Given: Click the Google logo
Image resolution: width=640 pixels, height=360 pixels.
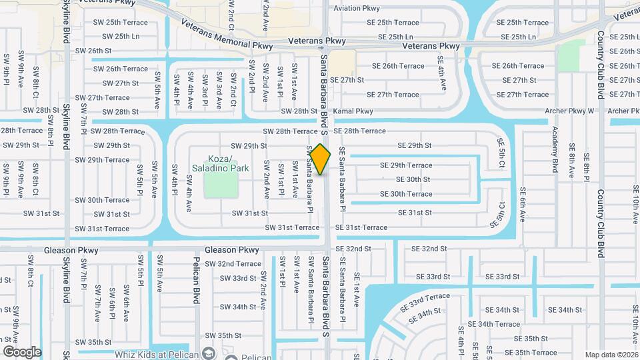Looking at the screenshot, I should (x=22, y=351).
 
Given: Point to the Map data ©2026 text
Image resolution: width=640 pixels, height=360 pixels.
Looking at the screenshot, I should (x=611, y=355).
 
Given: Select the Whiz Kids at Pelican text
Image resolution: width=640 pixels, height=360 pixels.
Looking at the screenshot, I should (x=157, y=354).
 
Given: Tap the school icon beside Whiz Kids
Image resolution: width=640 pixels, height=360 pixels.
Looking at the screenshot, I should (x=209, y=353).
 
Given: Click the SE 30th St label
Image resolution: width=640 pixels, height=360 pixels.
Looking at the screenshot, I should (x=413, y=179).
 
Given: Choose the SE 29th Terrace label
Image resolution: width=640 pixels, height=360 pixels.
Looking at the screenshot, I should (x=406, y=165).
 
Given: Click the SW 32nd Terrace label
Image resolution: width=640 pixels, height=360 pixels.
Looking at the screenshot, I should (x=233, y=264).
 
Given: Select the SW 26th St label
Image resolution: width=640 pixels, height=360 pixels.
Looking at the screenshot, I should (x=93, y=51).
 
